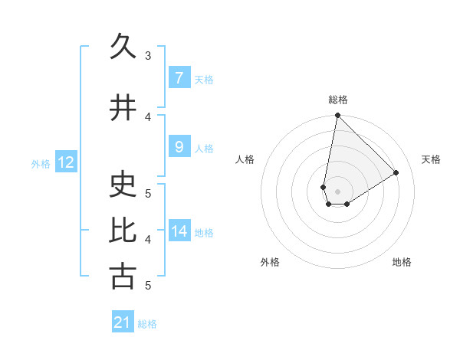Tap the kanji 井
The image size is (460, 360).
[x=123, y=107]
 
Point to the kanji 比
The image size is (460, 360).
[x=123, y=231]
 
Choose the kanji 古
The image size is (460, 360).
[x=123, y=277]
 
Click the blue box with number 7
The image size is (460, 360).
[x=179, y=78]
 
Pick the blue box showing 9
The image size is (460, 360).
[x=179, y=147]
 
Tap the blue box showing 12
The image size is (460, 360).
[x=65, y=162]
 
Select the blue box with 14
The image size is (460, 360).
[x=179, y=231]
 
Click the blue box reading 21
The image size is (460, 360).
[x=123, y=322]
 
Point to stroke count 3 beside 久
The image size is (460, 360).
[x=148, y=56]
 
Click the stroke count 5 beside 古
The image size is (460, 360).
[x=148, y=286]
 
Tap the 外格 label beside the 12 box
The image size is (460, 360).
[x=41, y=163]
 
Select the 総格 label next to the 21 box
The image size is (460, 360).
[x=147, y=324]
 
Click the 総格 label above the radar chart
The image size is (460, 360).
[x=338, y=100]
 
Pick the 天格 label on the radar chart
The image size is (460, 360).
[x=431, y=159]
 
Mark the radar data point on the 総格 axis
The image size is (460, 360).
[x=337, y=116]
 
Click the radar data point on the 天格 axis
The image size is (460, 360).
[x=396, y=172]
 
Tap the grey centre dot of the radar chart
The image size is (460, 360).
[x=338, y=191]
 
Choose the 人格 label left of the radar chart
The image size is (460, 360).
[x=245, y=159]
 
